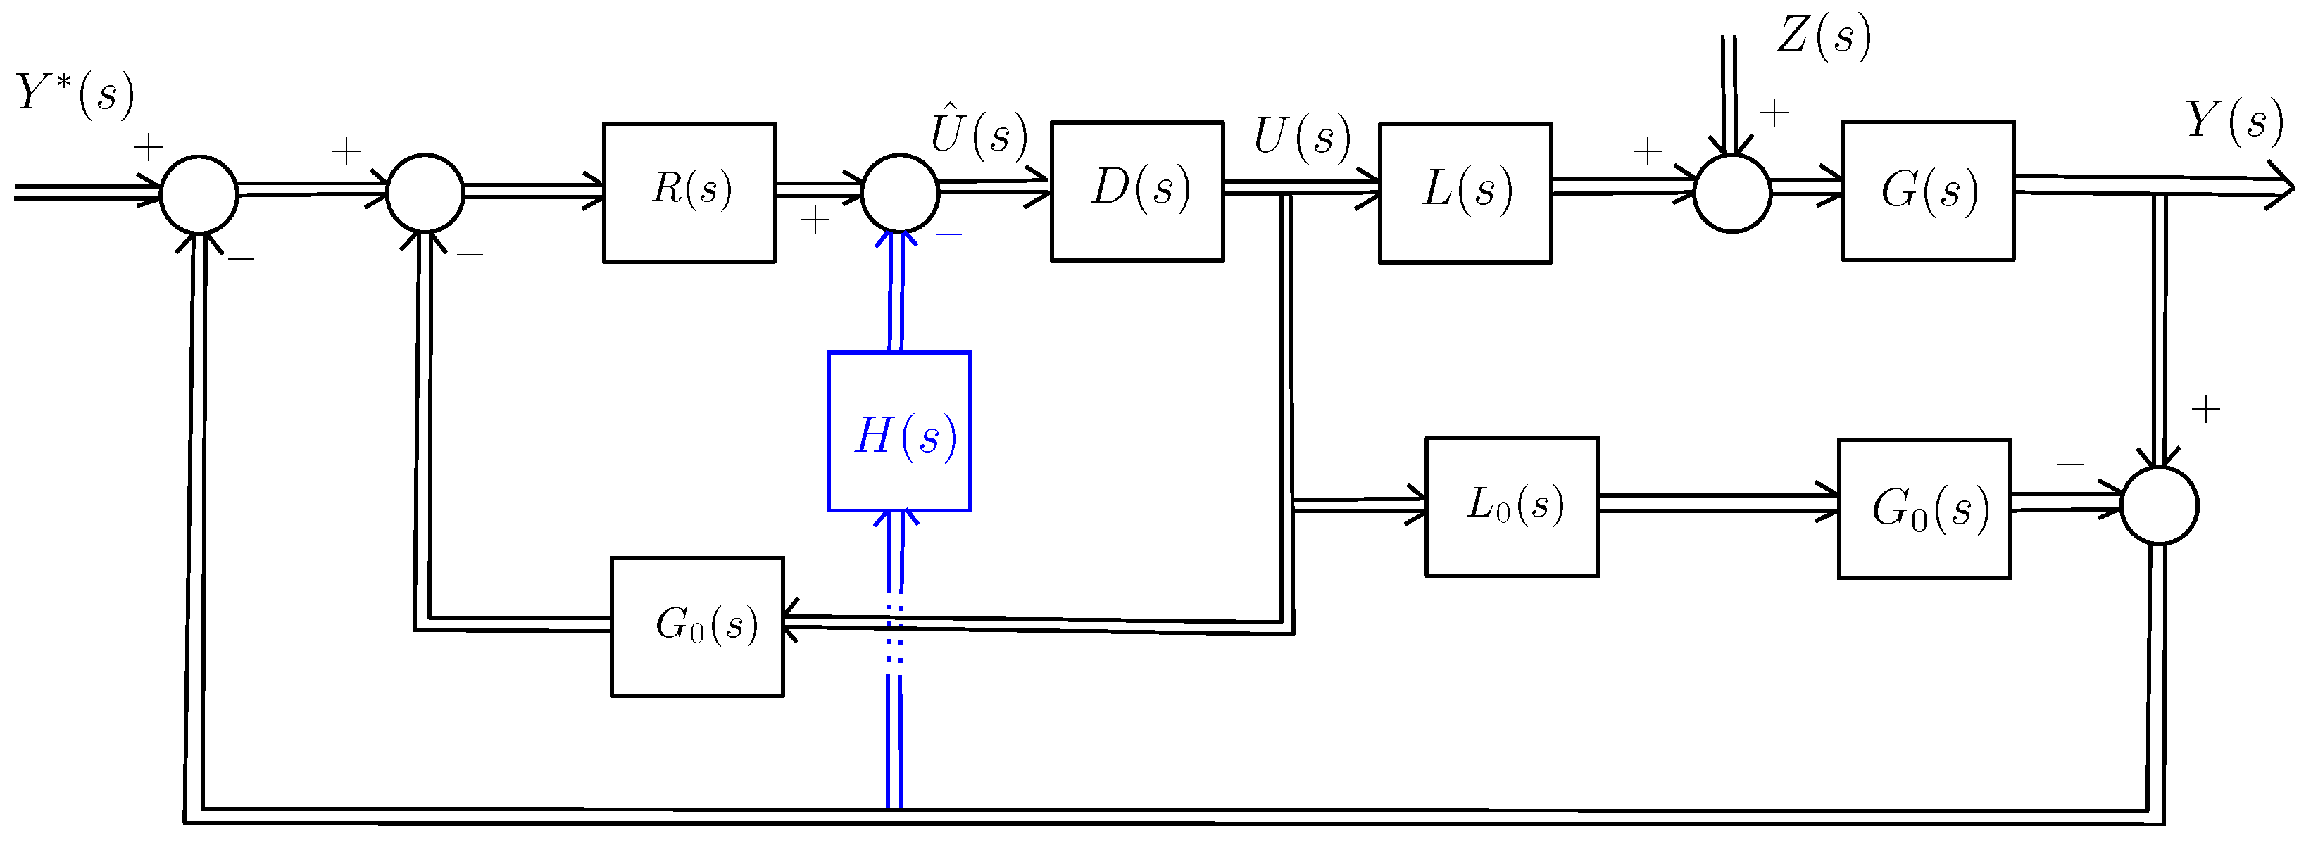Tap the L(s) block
point(1465,193)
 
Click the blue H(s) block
point(898,431)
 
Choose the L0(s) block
point(1511,507)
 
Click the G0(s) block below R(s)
point(697,627)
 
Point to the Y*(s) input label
point(75,94)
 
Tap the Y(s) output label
point(2233,120)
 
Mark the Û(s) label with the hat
point(979,134)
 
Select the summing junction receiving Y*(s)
point(199,194)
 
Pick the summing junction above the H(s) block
point(900,193)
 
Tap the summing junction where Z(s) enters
point(1731,193)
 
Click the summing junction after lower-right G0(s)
point(2159,506)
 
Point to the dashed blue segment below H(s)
point(895,634)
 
